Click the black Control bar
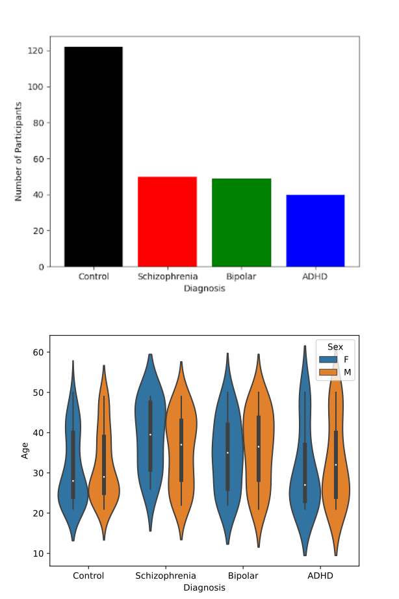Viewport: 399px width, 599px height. click(x=94, y=156)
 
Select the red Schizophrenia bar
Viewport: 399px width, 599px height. click(x=167, y=221)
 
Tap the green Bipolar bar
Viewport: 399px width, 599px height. click(x=241, y=222)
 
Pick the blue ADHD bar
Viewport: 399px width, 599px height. click(x=315, y=231)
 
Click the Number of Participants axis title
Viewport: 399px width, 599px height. click(x=19, y=151)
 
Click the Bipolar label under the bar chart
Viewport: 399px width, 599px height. click(x=241, y=277)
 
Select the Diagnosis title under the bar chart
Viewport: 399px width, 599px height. click(x=204, y=288)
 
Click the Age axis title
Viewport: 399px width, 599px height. click(x=25, y=451)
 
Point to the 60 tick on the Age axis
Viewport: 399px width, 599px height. click(x=39, y=352)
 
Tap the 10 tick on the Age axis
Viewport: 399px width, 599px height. click(x=39, y=554)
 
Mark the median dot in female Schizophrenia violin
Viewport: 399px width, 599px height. click(x=150, y=435)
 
